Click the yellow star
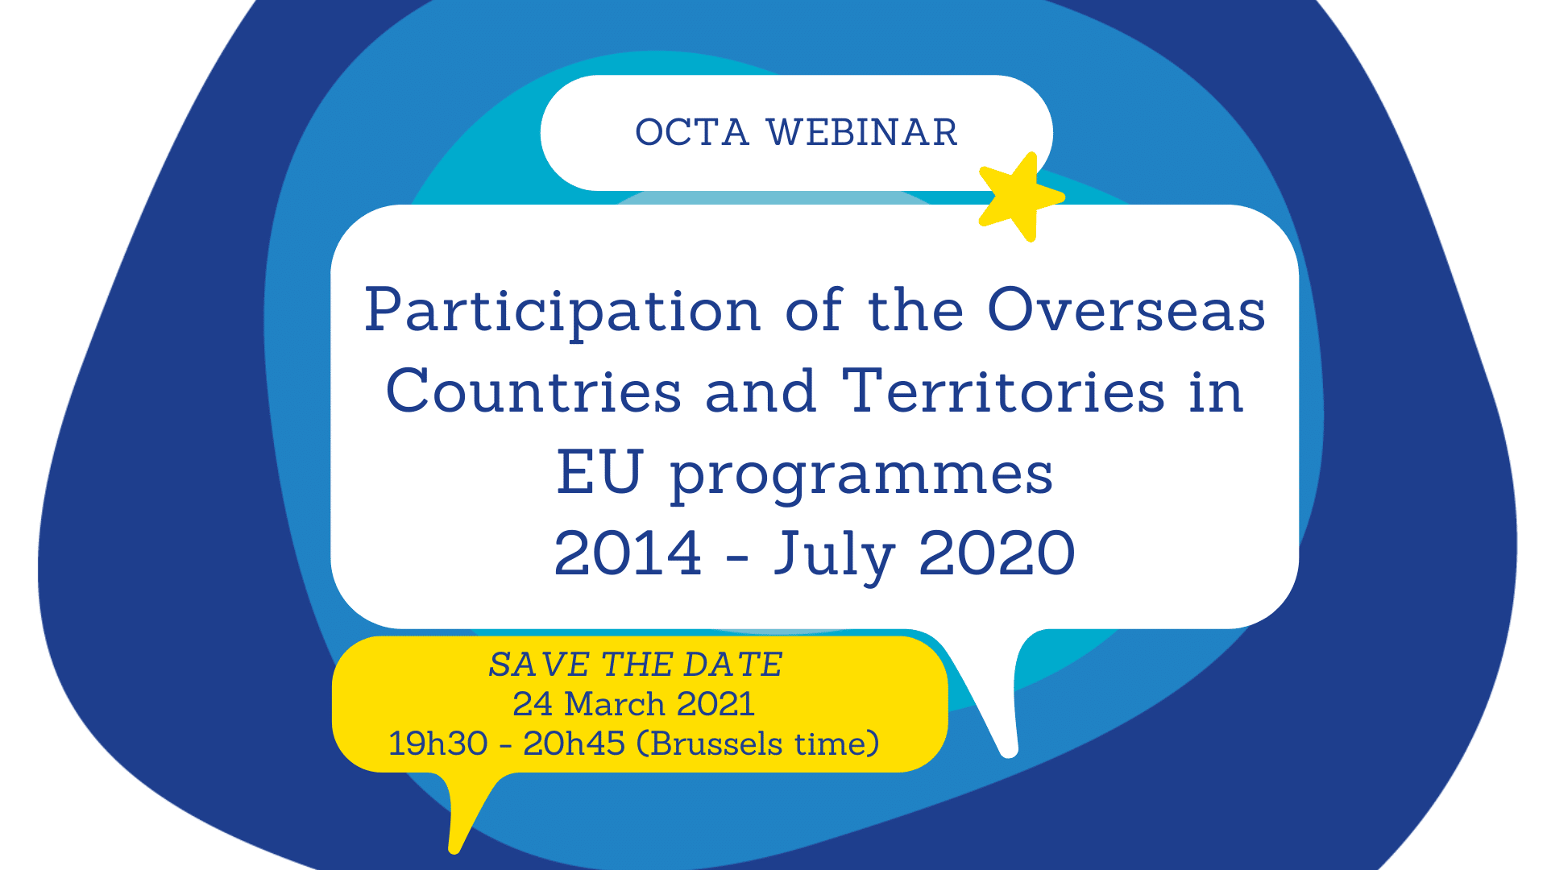tap(1018, 197)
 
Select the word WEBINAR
tap(861, 133)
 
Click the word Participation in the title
tap(562, 313)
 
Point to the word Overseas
tap(1126, 311)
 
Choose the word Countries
tap(533, 392)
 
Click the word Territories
tap(1003, 392)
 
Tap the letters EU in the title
tap(599, 473)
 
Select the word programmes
tap(861, 477)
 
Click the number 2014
tap(628, 553)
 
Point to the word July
tap(834, 556)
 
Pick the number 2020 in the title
tap(997, 553)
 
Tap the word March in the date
tap(614, 704)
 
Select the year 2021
tap(715, 704)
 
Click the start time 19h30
tap(438, 744)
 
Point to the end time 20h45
tap(574, 744)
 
